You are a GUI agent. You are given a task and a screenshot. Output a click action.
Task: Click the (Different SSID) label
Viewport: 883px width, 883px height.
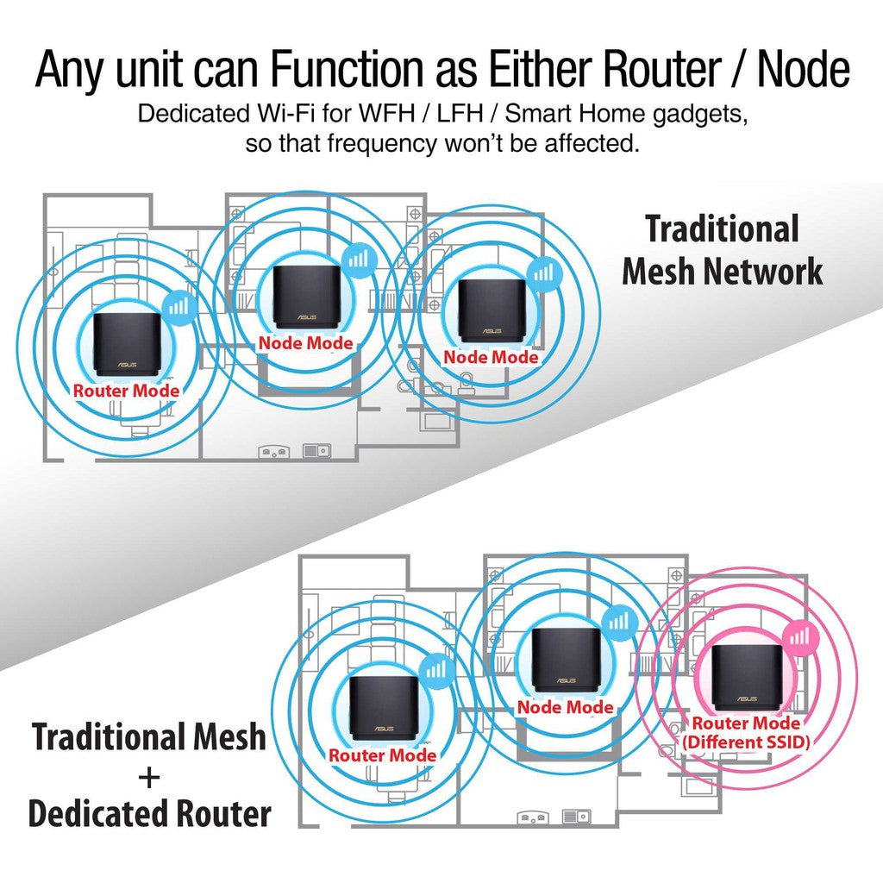pos(746,740)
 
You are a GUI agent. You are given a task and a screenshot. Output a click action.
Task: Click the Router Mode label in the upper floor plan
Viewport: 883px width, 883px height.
pos(126,391)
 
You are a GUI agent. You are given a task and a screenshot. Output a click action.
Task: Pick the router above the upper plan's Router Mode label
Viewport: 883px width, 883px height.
pos(127,344)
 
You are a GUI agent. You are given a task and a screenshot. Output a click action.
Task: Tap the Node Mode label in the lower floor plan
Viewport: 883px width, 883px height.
pos(566,707)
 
